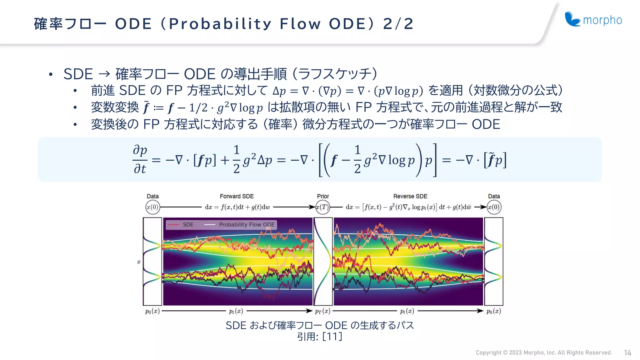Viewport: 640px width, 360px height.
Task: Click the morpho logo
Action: point(593,20)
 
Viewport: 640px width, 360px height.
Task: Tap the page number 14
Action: point(627,353)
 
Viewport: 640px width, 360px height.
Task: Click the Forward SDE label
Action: point(237,196)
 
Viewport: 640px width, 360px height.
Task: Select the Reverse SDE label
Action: point(410,196)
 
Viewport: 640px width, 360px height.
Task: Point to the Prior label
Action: point(323,196)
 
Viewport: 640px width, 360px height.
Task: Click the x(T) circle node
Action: point(323,207)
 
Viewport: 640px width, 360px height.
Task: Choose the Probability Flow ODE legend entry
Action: point(240,225)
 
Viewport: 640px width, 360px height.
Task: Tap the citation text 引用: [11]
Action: point(320,337)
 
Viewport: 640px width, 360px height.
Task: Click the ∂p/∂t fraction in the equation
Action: point(140,159)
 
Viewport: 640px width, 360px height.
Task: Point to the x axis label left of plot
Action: point(139,262)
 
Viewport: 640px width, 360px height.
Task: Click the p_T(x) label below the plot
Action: point(322,311)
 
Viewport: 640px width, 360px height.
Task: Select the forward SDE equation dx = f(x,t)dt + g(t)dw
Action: point(237,207)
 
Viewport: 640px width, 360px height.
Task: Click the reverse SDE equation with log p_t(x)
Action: point(408,207)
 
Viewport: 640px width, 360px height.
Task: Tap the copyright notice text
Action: point(543,353)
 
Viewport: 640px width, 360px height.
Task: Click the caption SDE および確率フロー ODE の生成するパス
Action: point(320,325)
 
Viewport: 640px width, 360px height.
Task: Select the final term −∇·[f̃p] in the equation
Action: point(481,160)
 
